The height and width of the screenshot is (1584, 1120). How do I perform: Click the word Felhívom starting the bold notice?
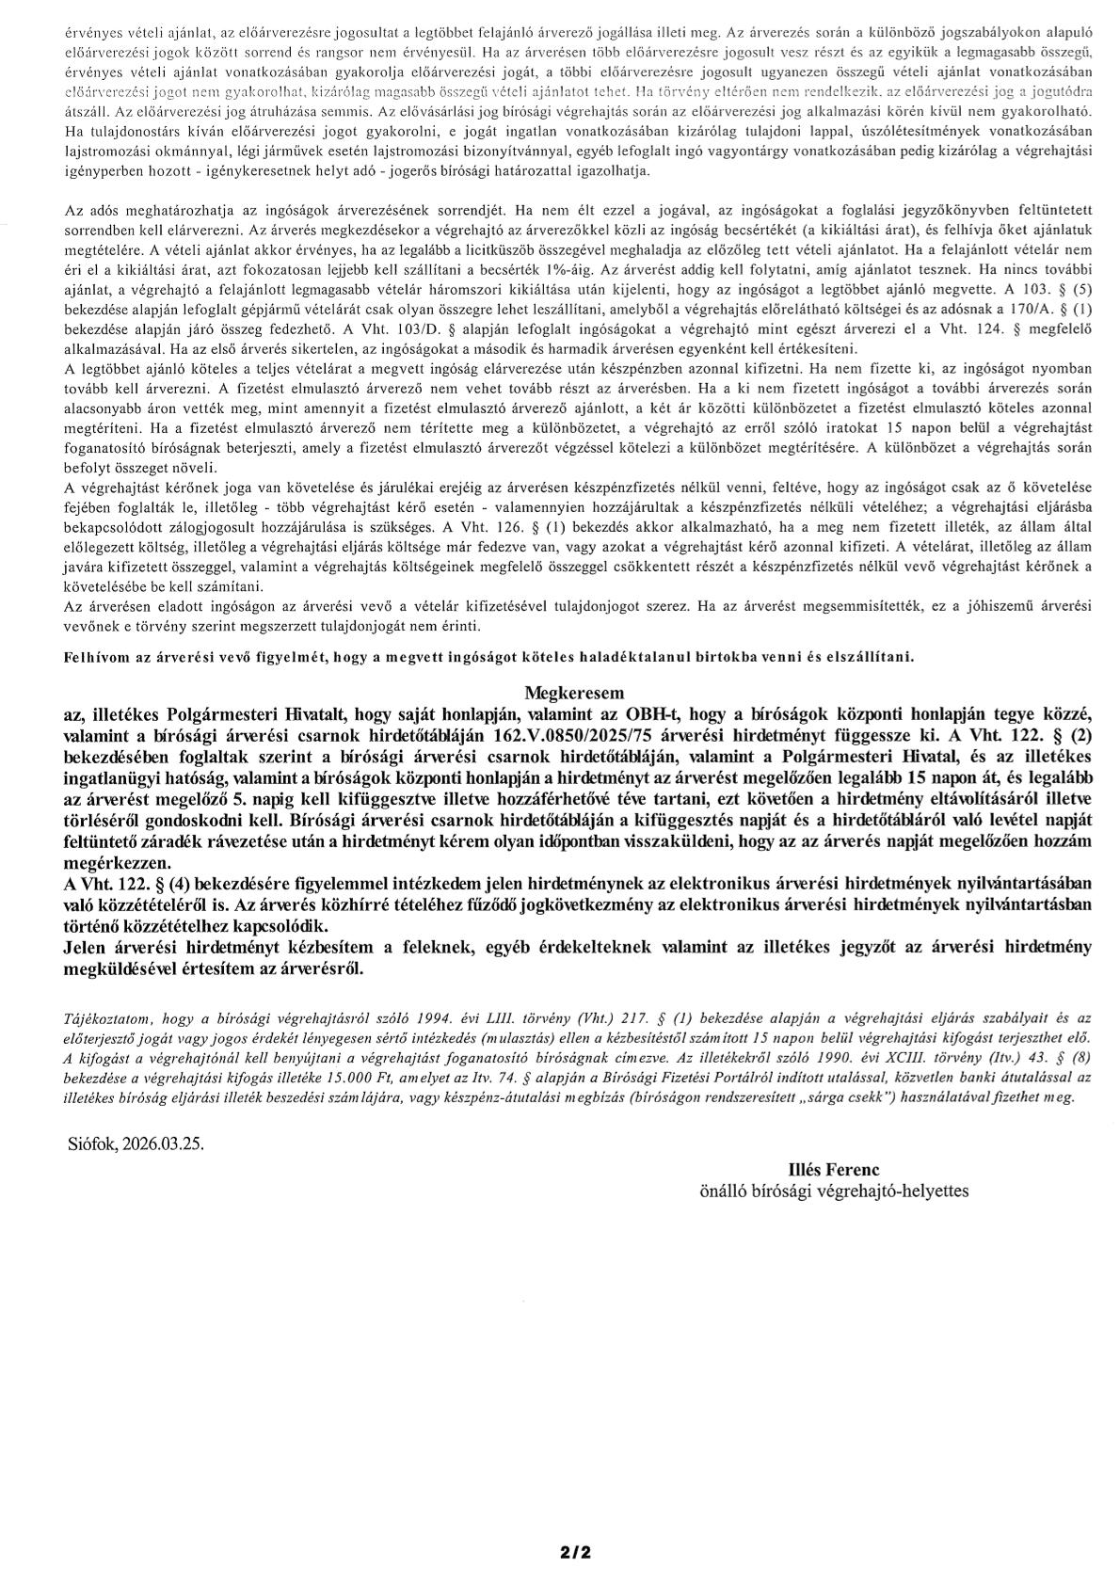(x=97, y=656)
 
